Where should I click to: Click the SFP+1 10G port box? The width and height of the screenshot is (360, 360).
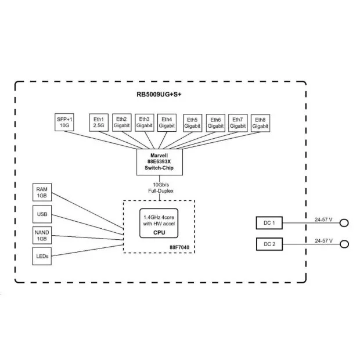[x=64, y=123]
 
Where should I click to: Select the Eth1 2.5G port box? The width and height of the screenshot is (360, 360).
[x=99, y=123]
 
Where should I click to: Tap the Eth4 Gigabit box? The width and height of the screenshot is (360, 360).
[x=167, y=123]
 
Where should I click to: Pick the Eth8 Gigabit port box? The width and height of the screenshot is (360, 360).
[x=260, y=123]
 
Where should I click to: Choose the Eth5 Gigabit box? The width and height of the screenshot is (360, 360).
[x=193, y=123]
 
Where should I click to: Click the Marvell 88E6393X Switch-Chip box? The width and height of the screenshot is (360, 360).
[x=160, y=162]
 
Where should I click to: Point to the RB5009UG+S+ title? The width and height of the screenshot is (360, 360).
[x=159, y=95]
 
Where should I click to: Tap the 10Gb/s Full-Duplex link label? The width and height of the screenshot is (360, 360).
[x=161, y=188]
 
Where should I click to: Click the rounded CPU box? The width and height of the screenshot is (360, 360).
[x=159, y=223]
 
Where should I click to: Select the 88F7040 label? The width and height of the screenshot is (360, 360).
[x=179, y=247]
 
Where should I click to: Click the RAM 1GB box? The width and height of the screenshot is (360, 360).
[x=42, y=192]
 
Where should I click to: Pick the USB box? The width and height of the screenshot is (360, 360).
[x=42, y=214]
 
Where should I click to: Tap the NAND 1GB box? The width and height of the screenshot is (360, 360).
[x=42, y=236]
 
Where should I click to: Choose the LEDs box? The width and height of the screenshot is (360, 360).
[x=42, y=256]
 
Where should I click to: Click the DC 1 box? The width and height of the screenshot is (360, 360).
[x=269, y=223]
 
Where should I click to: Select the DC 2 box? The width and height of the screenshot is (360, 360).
[x=269, y=244]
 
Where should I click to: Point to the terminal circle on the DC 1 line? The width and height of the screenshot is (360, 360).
[x=344, y=223]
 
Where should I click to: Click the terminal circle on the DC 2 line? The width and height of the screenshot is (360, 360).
[x=344, y=244]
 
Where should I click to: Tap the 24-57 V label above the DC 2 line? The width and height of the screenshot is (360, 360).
[x=324, y=241]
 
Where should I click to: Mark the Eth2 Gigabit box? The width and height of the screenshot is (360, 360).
[x=122, y=123]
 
